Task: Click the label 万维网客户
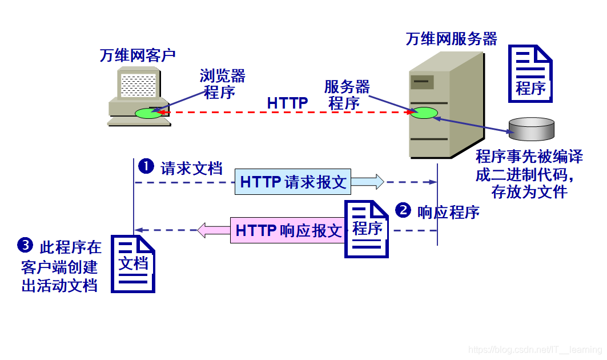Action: [137, 55]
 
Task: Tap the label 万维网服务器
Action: [451, 39]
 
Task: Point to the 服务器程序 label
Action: [347, 95]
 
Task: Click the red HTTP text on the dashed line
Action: [288, 103]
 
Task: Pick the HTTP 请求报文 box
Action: [293, 182]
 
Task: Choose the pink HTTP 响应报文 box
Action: [288, 230]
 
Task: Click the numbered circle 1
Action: [147, 166]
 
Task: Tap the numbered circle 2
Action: [403, 210]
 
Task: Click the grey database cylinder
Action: [532, 129]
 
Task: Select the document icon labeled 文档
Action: [133, 263]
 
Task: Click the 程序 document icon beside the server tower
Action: [530, 74]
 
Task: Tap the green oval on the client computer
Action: [148, 113]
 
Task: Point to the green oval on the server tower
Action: [423, 113]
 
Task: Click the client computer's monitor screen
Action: [138, 85]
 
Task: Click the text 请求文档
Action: [191, 169]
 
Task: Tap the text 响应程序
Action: [448, 212]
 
